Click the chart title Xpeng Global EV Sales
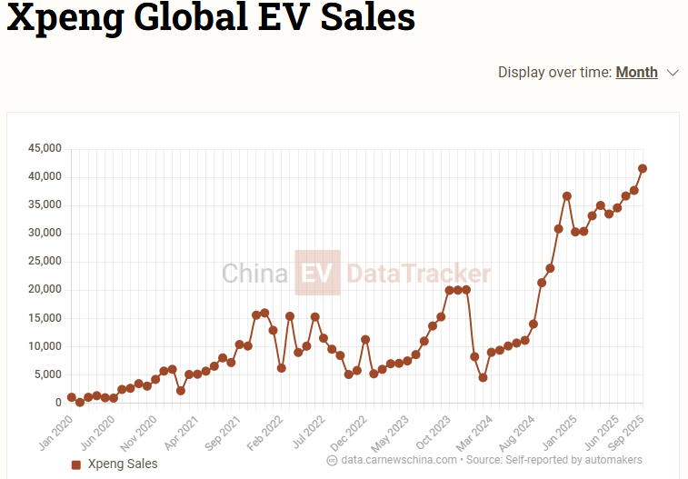tap(211, 17)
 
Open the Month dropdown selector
tap(646, 73)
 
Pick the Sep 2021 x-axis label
tap(224, 427)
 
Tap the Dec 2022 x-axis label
tap(350, 427)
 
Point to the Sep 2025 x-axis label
tap(626, 427)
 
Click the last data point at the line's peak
tap(643, 168)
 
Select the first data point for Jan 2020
tap(71, 397)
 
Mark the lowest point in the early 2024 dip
tap(483, 377)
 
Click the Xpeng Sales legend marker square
tap(76, 464)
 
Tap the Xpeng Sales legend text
tap(123, 464)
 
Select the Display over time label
tap(554, 73)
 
